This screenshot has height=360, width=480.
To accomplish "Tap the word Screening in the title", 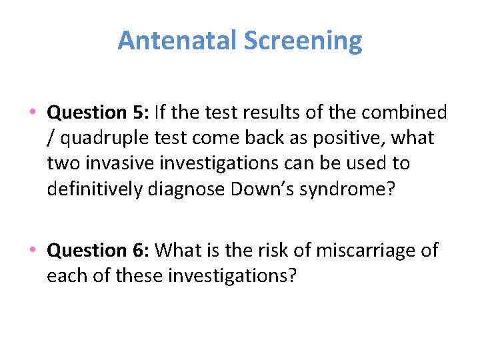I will (x=303, y=41).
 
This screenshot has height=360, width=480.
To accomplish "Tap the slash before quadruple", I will (x=51, y=138).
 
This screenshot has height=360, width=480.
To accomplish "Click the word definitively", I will (x=94, y=189).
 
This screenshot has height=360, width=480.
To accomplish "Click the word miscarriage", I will (x=355, y=251).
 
